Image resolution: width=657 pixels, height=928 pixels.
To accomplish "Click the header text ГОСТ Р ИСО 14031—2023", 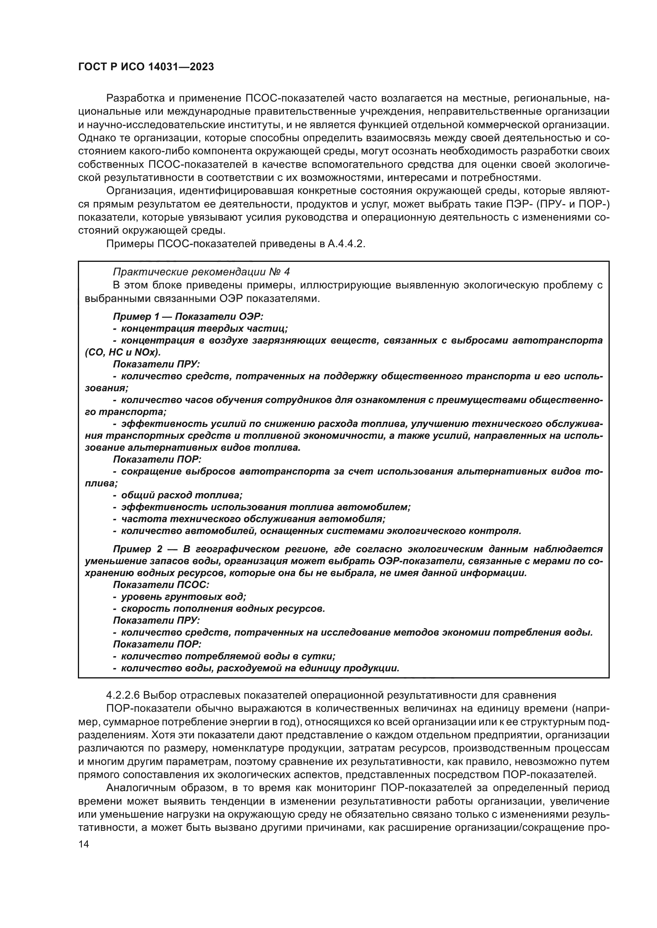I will click(146, 67).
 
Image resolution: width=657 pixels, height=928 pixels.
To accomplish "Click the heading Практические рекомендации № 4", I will click(201, 272).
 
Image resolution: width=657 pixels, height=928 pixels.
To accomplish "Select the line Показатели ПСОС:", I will click(160, 585).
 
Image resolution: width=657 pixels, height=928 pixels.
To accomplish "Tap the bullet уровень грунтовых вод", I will click(183, 597).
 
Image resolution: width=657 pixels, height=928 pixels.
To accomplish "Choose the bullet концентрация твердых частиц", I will click(204, 329).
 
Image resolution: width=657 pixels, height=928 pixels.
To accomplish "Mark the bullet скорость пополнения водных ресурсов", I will click(222, 609).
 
